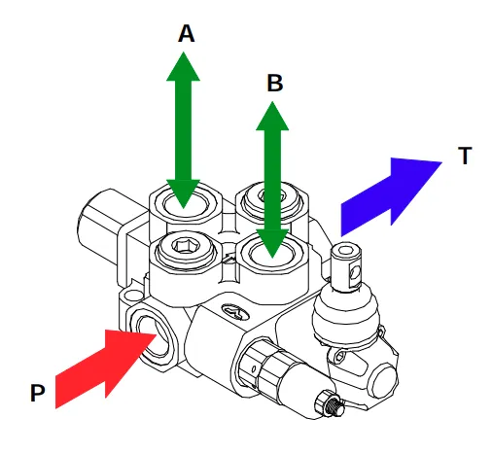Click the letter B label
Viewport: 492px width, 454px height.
275,84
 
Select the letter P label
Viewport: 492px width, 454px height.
38,393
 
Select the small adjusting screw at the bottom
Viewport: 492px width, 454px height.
328,403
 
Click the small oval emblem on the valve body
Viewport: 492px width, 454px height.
234,310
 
